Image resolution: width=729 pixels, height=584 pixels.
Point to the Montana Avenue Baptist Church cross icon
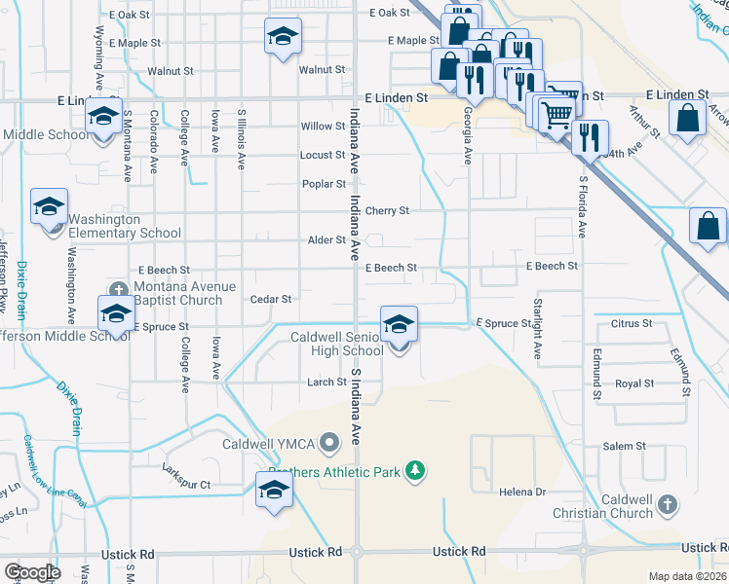pyautogui.click(x=119, y=289)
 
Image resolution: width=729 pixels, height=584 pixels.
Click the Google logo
pyautogui.click(x=32, y=572)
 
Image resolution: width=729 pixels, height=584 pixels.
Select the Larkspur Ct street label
pyautogui.click(x=186, y=484)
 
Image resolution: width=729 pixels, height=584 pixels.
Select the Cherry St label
pyautogui.click(x=387, y=210)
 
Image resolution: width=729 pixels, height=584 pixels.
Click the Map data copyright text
pyautogui.click(x=688, y=576)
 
